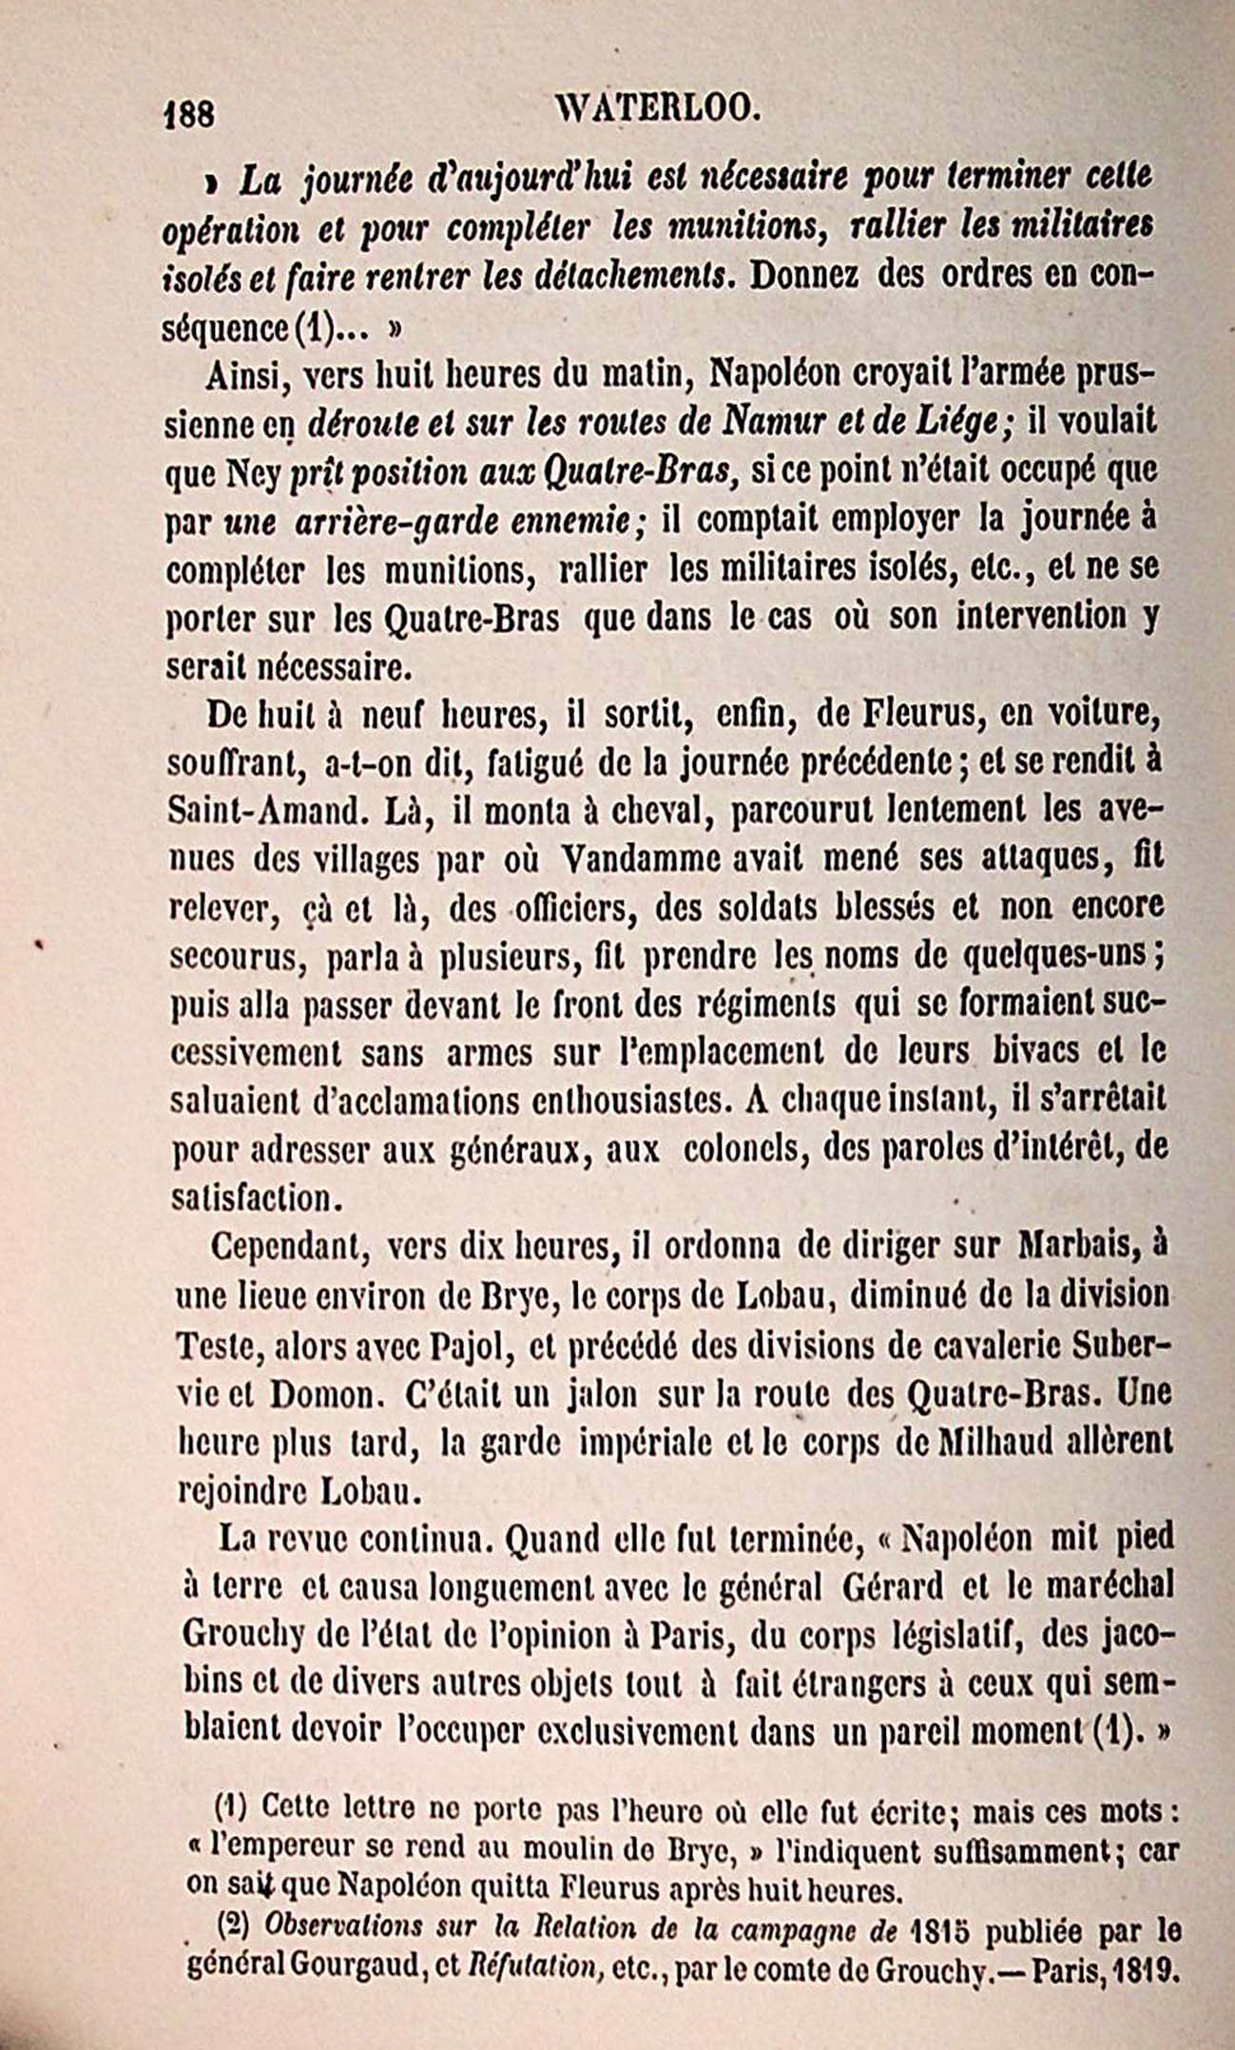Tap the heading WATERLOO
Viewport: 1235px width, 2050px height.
pos(648,110)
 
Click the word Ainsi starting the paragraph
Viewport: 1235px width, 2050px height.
pos(239,372)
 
